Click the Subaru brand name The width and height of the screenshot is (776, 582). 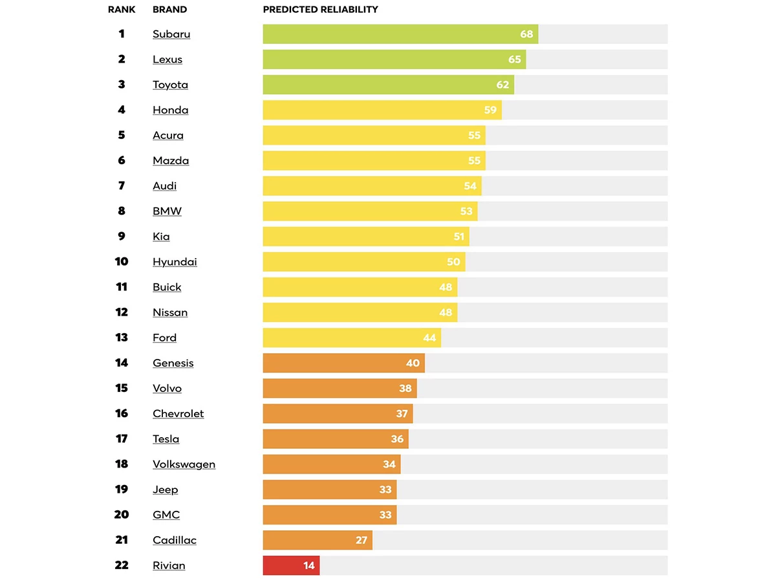pos(171,34)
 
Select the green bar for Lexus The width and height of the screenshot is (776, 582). pos(388,59)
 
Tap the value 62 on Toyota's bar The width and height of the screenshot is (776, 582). pos(502,85)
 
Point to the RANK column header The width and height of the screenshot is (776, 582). pos(122,10)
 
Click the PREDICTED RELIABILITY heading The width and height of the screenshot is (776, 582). pos(321,10)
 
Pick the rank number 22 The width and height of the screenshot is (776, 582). pos(122,565)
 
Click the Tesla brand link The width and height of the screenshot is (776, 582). pos(166,439)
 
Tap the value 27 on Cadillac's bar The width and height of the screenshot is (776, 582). pos(361,540)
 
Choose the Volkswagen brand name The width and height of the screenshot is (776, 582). pos(184,464)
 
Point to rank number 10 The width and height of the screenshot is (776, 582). pos(122,262)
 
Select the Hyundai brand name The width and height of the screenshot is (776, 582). pos(175,262)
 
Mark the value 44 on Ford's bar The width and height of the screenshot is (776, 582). pos(429,338)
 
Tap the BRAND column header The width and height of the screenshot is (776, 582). pos(169,10)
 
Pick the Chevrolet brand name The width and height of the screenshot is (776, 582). pos(178,414)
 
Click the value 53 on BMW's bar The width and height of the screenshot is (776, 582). pos(466,211)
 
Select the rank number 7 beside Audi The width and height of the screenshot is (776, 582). pos(122,186)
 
